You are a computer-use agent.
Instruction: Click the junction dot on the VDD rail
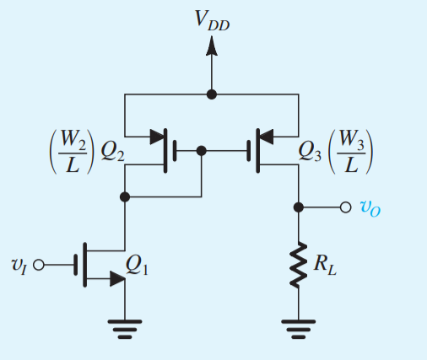pos(212,94)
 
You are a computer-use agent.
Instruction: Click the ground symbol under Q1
pos(125,329)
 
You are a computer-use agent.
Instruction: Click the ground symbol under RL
pos(298,329)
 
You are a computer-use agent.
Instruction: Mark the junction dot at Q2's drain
pos(125,196)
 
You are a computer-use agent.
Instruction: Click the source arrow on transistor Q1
pos(115,279)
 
